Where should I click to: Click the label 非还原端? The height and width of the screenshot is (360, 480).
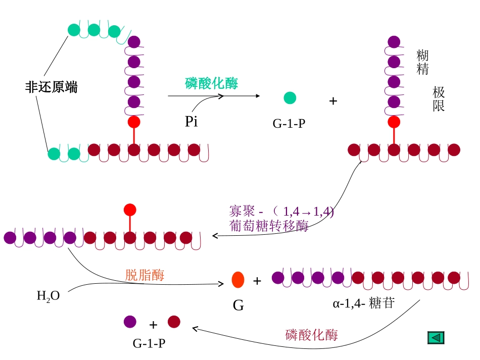point(52,87)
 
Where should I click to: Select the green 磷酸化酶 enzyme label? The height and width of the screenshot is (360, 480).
point(211,83)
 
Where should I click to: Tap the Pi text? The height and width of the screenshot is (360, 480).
point(191,121)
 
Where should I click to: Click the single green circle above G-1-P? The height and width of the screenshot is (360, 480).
point(290,98)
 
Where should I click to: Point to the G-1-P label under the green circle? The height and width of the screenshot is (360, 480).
point(289,123)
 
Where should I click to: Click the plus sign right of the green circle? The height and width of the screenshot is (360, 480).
point(333,101)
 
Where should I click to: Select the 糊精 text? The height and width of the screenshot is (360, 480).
point(422,62)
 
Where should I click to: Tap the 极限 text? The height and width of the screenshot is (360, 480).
point(439,99)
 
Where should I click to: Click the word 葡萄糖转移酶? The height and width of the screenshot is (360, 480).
point(268,226)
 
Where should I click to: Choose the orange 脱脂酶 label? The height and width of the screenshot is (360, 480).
point(145,275)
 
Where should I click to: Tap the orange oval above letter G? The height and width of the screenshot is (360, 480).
point(238,280)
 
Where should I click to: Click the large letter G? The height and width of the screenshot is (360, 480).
point(238,305)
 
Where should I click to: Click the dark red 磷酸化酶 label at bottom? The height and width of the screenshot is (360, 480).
point(312,334)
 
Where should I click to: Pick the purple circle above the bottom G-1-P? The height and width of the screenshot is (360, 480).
point(130,322)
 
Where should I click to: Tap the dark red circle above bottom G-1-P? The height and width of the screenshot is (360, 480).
point(174,322)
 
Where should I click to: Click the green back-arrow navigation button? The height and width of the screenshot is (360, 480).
point(436,338)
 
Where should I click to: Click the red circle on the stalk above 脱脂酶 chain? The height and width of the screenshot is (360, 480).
point(130,210)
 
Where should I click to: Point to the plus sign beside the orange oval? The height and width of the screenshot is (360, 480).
point(257,281)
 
